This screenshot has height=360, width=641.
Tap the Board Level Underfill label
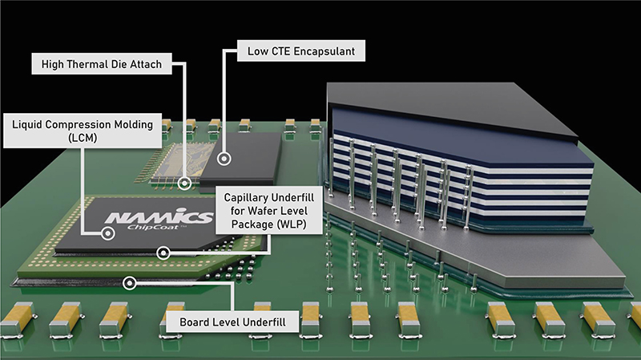tap(231, 323)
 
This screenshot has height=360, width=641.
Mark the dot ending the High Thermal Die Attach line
tap(185, 183)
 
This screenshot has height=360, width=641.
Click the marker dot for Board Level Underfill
tap(127, 282)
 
